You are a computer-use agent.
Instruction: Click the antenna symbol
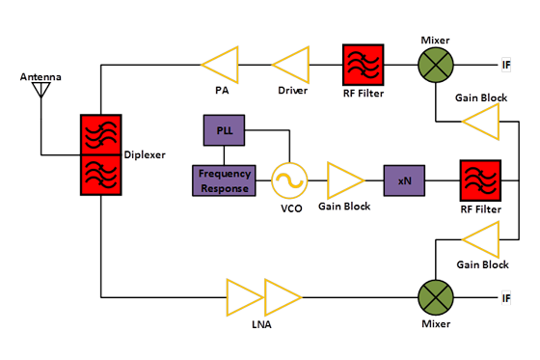pos(40,90)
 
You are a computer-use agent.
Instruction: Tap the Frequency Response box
pos(225,180)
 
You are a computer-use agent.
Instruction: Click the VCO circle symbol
pos(288,180)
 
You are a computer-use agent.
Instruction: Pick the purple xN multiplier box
pos(404,180)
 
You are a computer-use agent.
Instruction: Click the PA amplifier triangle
pos(220,65)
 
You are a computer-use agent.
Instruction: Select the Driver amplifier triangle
pos(289,65)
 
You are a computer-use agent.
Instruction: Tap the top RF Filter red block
pos(364,65)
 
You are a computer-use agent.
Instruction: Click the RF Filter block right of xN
pos(480,180)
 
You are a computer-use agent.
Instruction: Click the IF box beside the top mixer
pos(506,65)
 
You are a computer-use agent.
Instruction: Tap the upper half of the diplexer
pos(100,134)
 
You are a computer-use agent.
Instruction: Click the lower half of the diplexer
pos(100,175)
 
